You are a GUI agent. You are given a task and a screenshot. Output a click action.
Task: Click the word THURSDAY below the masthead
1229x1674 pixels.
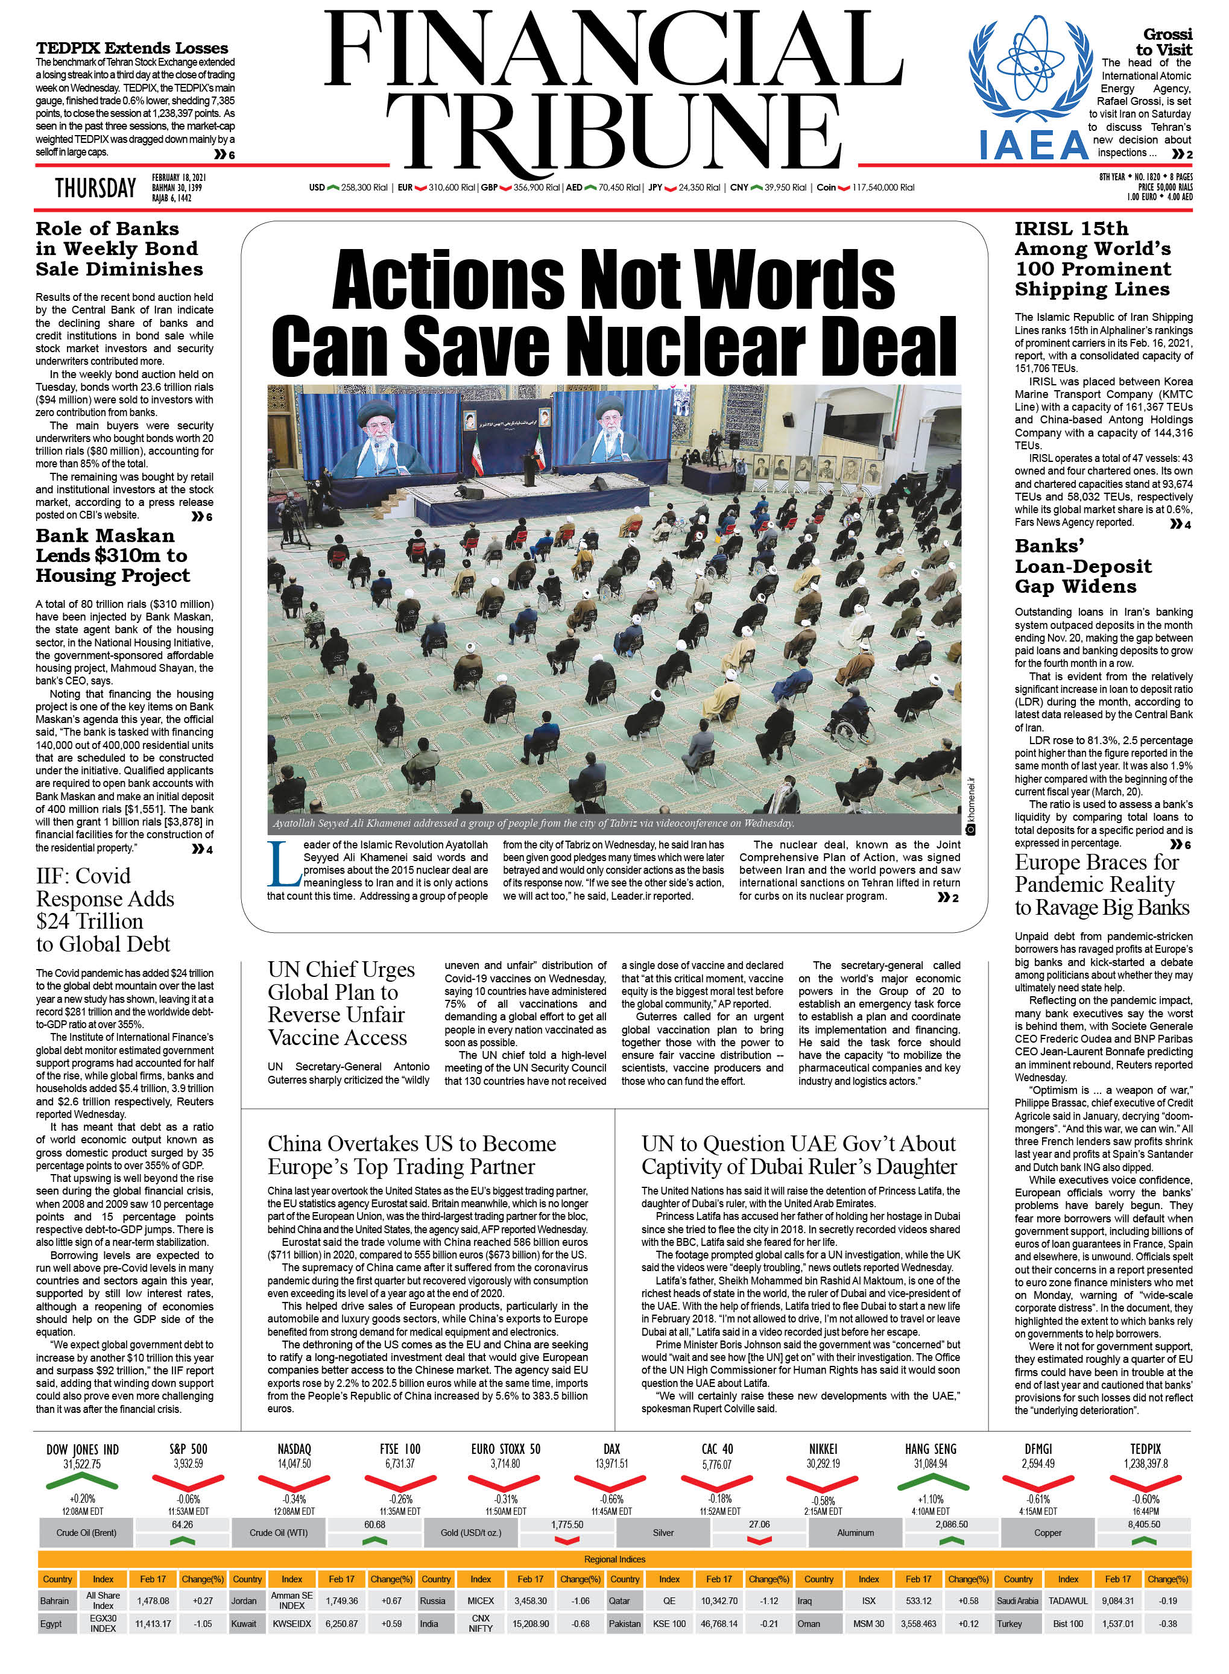(x=95, y=188)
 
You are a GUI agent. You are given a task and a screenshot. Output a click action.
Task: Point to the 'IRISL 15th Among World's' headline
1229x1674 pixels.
(x=1092, y=259)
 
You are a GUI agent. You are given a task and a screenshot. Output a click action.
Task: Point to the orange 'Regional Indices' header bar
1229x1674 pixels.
(x=614, y=1559)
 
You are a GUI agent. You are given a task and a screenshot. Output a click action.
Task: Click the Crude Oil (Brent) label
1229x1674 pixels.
(x=86, y=1533)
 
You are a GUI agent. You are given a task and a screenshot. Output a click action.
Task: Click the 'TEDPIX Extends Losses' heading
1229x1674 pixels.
(x=131, y=48)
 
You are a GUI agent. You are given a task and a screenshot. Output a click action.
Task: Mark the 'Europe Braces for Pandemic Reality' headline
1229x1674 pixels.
(x=1102, y=885)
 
